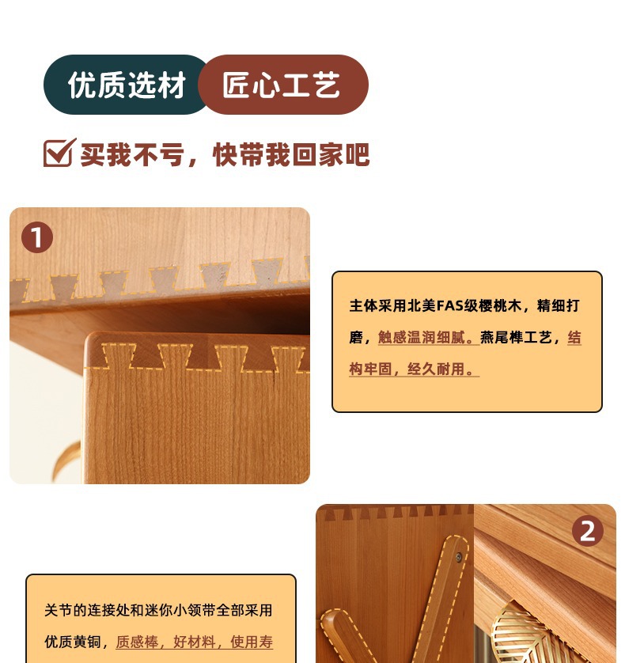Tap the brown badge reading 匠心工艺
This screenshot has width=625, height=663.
(283, 85)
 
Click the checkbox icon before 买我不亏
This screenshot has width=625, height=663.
(59, 152)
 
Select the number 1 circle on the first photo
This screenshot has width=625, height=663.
(37, 237)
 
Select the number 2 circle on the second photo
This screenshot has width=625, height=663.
(588, 531)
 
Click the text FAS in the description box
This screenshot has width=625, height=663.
(449, 305)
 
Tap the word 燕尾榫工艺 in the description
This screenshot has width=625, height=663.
(516, 337)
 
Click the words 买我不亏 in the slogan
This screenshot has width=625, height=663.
(132, 154)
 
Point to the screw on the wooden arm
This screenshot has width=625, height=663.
(458, 557)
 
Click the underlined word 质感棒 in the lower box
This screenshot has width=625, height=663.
(137, 642)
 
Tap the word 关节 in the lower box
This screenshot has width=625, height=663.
(59, 610)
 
